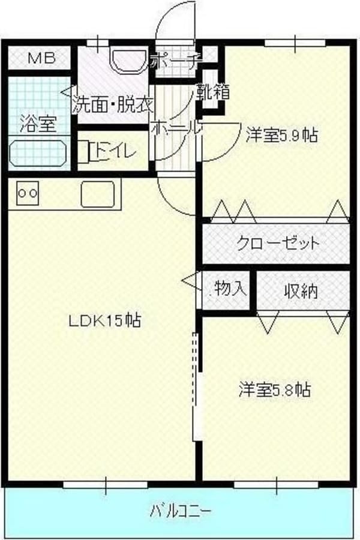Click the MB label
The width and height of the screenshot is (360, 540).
(41, 58)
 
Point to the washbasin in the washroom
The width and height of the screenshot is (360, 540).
(127, 61)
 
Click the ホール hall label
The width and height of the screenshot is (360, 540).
(175, 128)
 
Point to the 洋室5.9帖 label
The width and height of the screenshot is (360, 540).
(281, 135)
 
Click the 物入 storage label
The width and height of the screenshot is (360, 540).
(229, 289)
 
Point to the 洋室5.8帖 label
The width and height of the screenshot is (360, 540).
(275, 389)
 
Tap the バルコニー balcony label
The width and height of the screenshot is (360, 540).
(180, 512)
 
